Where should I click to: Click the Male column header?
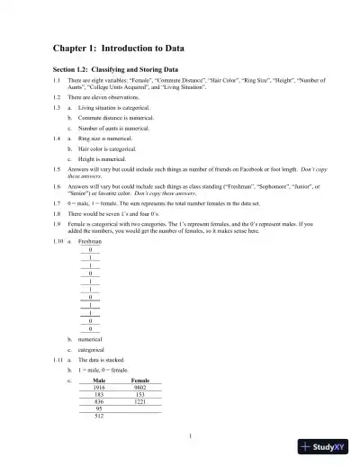tap(99, 381)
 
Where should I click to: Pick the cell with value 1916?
tap(99, 389)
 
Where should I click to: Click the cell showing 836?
tap(99, 402)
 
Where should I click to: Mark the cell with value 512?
tap(99, 416)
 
